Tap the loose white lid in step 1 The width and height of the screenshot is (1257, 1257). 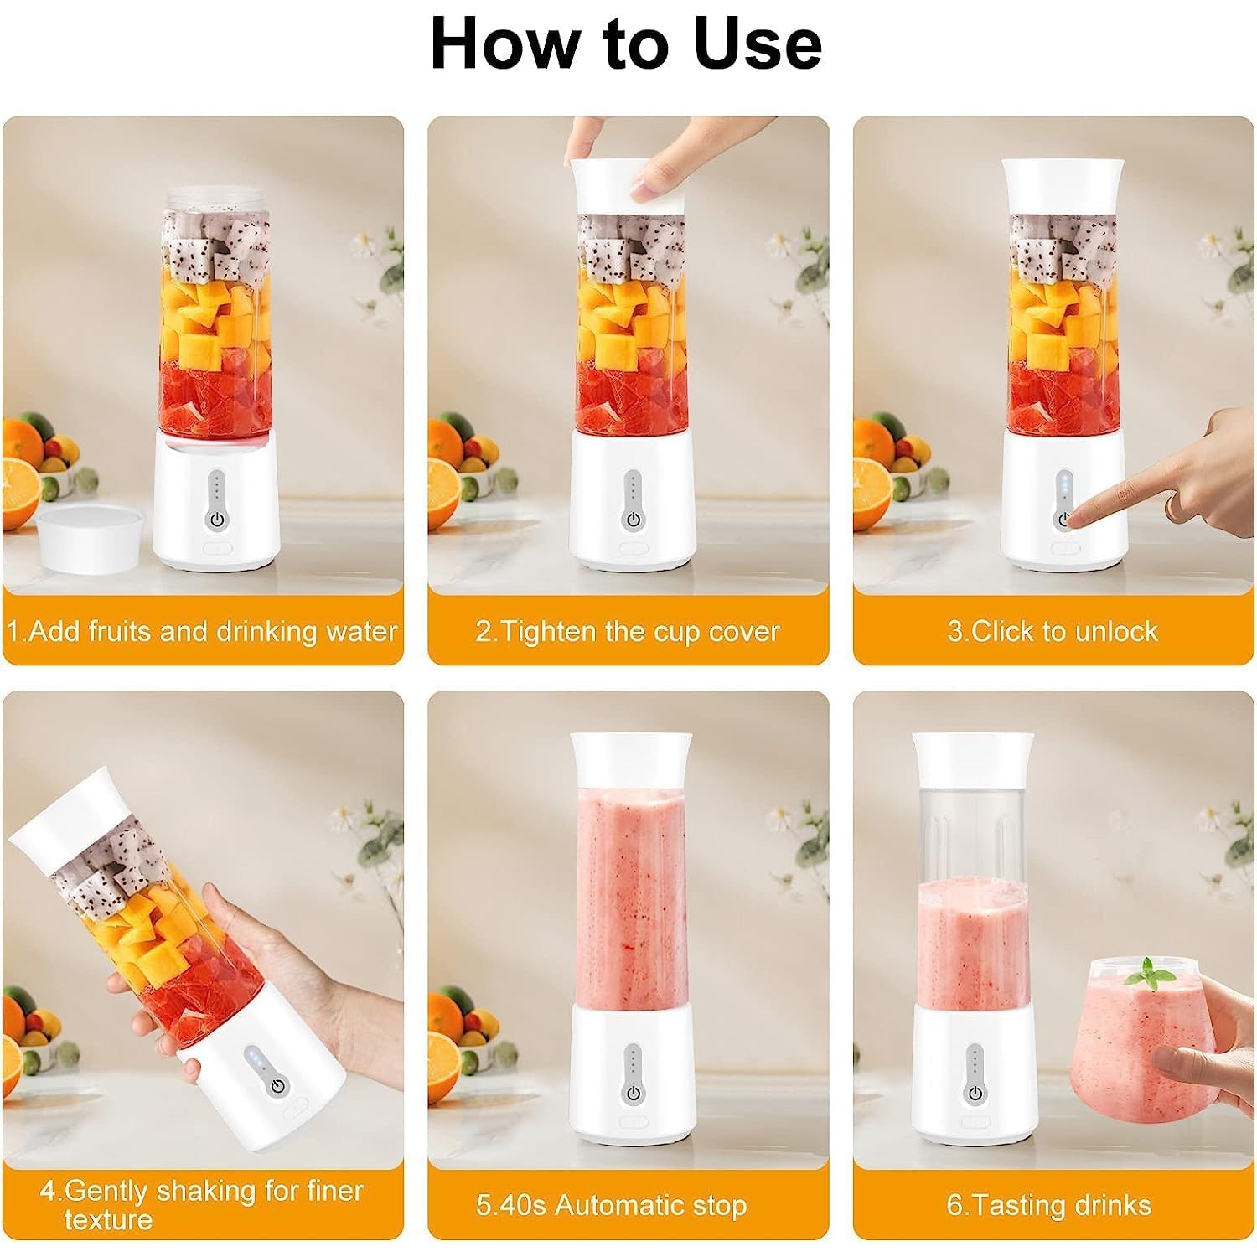click(x=87, y=536)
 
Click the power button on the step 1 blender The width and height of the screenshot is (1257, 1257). click(x=217, y=520)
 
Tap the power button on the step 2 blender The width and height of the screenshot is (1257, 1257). click(x=634, y=520)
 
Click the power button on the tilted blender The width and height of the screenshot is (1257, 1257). click(x=277, y=1087)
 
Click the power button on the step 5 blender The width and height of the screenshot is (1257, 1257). click(x=634, y=1094)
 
